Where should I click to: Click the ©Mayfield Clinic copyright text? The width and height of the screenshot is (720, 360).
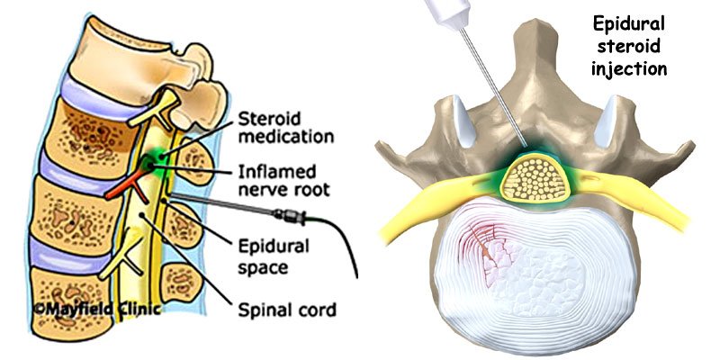pyautogui.click(x=85, y=310)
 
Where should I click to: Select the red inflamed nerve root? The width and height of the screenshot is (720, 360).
pyautogui.click(x=122, y=184)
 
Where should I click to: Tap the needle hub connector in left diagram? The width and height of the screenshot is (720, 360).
pyautogui.click(x=290, y=216)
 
